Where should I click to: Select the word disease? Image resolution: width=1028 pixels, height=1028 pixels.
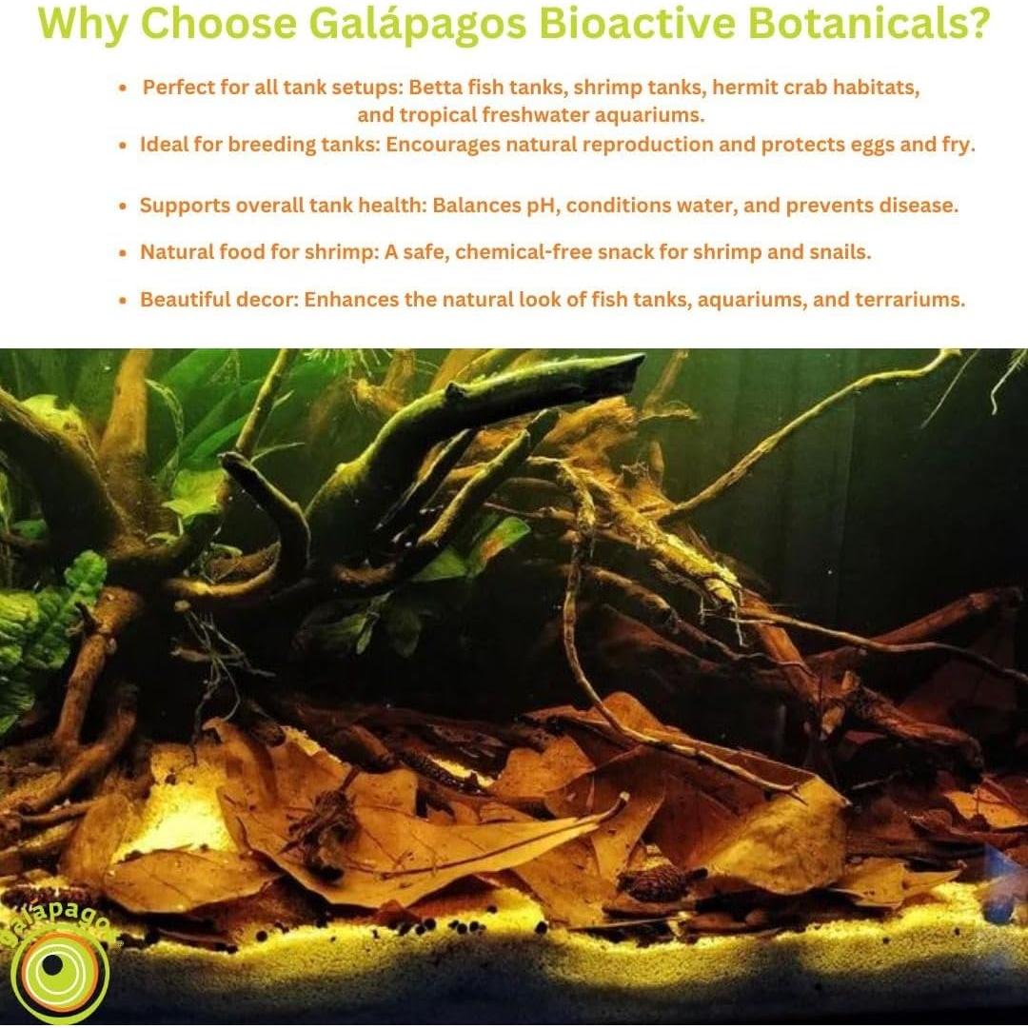(x=919, y=205)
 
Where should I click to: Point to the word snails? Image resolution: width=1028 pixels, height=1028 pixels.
(x=837, y=252)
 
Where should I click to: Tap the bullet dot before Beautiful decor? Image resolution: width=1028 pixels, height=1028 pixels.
(x=122, y=300)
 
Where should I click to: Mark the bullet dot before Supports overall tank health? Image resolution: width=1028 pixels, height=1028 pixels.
(x=122, y=206)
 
